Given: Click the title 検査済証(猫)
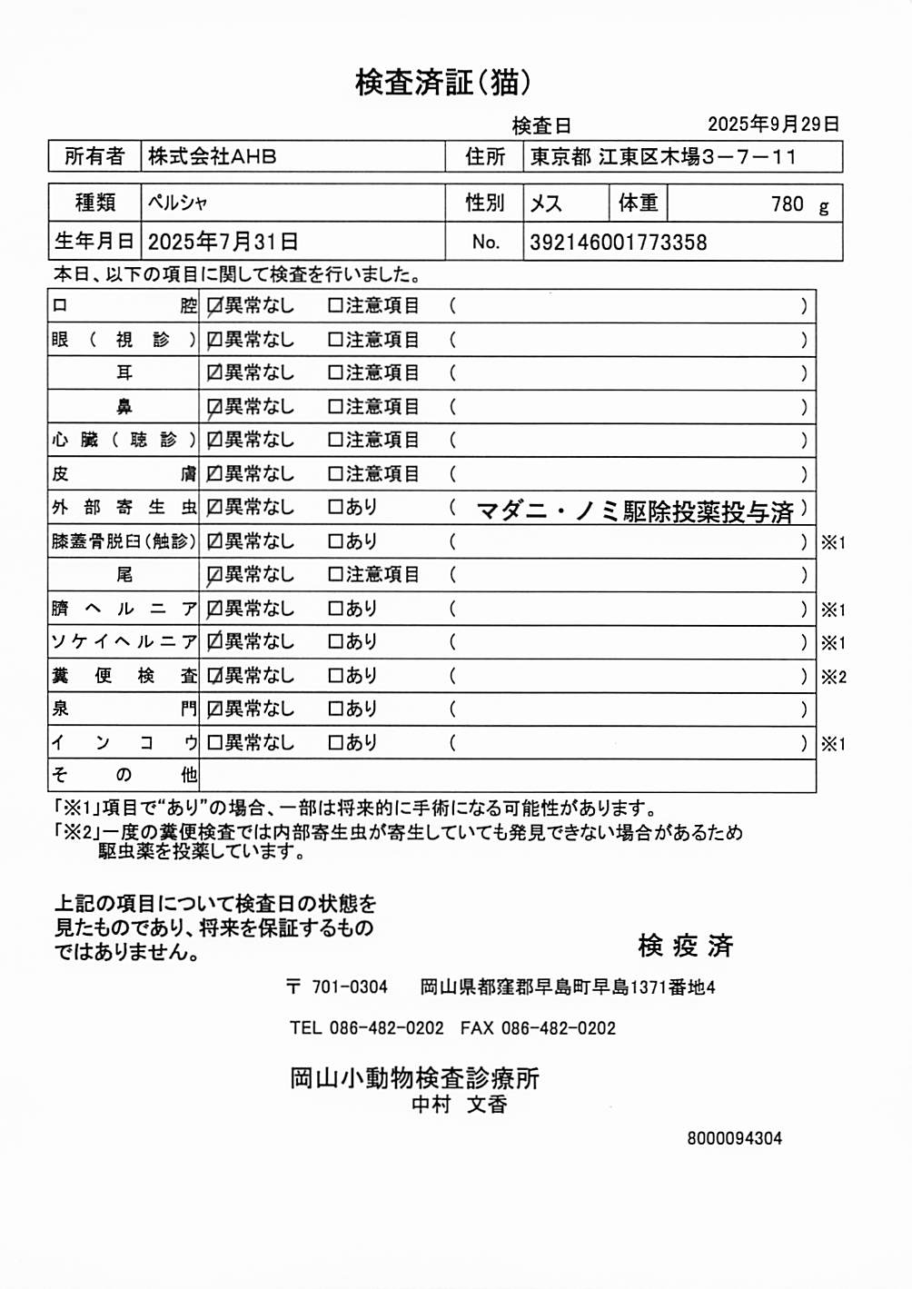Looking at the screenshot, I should click(x=442, y=83).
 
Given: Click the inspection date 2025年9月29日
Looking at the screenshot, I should click(x=773, y=124).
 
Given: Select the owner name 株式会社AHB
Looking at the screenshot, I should click(x=212, y=156).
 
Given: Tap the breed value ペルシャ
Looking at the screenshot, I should click(x=178, y=203).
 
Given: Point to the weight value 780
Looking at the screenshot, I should click(x=787, y=203).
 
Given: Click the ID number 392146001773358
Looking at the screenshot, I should click(x=618, y=243).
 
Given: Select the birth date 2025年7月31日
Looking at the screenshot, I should click(x=223, y=242).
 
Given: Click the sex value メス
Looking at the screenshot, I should click(x=546, y=203).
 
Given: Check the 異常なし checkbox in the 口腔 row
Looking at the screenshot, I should click(x=214, y=306).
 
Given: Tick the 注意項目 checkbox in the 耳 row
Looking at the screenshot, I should click(x=335, y=373).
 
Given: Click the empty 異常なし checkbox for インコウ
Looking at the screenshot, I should click(x=214, y=743).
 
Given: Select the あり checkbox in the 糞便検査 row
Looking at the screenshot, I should click(x=335, y=676).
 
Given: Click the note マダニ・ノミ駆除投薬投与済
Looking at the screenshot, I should click(x=634, y=511).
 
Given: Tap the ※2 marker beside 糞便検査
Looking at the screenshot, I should click(x=833, y=677).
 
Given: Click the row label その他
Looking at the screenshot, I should click(x=124, y=775).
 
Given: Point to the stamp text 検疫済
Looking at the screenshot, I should click(x=685, y=946).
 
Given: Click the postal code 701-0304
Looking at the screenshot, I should click(x=350, y=987).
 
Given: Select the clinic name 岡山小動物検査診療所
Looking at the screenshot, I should click(x=414, y=1078).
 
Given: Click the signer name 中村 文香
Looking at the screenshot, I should click(x=459, y=1105).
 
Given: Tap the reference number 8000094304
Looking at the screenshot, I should click(x=734, y=1138).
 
